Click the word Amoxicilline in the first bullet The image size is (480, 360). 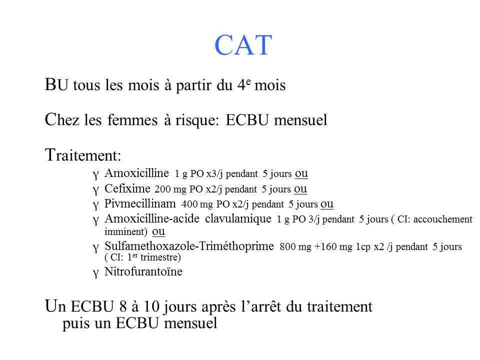137,174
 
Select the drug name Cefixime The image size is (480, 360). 127,189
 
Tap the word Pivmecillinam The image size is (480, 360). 140,204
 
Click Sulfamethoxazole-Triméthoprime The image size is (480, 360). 189,246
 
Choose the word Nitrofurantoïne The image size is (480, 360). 143,272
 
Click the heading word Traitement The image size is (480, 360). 83,156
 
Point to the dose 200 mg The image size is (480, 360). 170,189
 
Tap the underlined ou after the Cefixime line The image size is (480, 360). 300,189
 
